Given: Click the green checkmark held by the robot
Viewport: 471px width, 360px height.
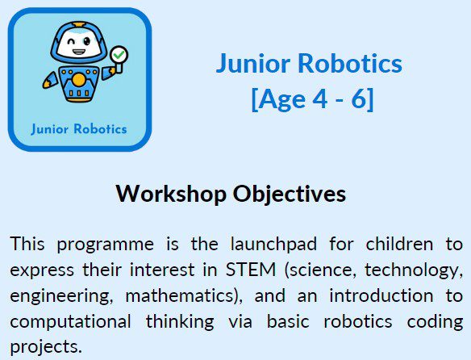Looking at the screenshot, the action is pyautogui.click(x=119, y=54).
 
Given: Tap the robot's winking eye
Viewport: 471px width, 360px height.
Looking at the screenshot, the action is pyautogui.click(x=72, y=41).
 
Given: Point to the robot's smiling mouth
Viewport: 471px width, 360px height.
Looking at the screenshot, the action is pyautogui.click(x=79, y=52).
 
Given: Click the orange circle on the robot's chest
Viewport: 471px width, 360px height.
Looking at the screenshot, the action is pyautogui.click(x=79, y=80).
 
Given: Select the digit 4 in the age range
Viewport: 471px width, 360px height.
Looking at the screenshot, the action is pyautogui.click(x=320, y=98).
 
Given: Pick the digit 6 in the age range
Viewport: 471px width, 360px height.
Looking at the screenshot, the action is pyautogui.click(x=359, y=98).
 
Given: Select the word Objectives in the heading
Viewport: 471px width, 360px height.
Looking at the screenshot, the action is pyautogui.click(x=290, y=195).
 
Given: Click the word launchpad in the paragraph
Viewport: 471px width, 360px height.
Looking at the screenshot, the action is pyautogui.click(x=273, y=245).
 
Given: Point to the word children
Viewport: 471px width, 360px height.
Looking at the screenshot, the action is pyautogui.click(x=399, y=244).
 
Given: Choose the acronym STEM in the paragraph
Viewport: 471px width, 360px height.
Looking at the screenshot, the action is pyautogui.click(x=251, y=270).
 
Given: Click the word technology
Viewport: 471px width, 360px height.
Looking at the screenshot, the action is pyautogui.click(x=414, y=270).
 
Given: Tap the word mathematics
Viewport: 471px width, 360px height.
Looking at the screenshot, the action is pyautogui.click(x=179, y=295).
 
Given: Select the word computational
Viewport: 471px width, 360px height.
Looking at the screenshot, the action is pyautogui.click(x=70, y=322).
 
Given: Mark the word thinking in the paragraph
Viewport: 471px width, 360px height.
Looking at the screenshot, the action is pyautogui.click(x=180, y=321).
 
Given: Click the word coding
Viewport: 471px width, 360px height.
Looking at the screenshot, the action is pyautogui.click(x=435, y=321).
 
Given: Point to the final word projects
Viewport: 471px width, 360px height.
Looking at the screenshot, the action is pyautogui.click(x=46, y=347).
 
